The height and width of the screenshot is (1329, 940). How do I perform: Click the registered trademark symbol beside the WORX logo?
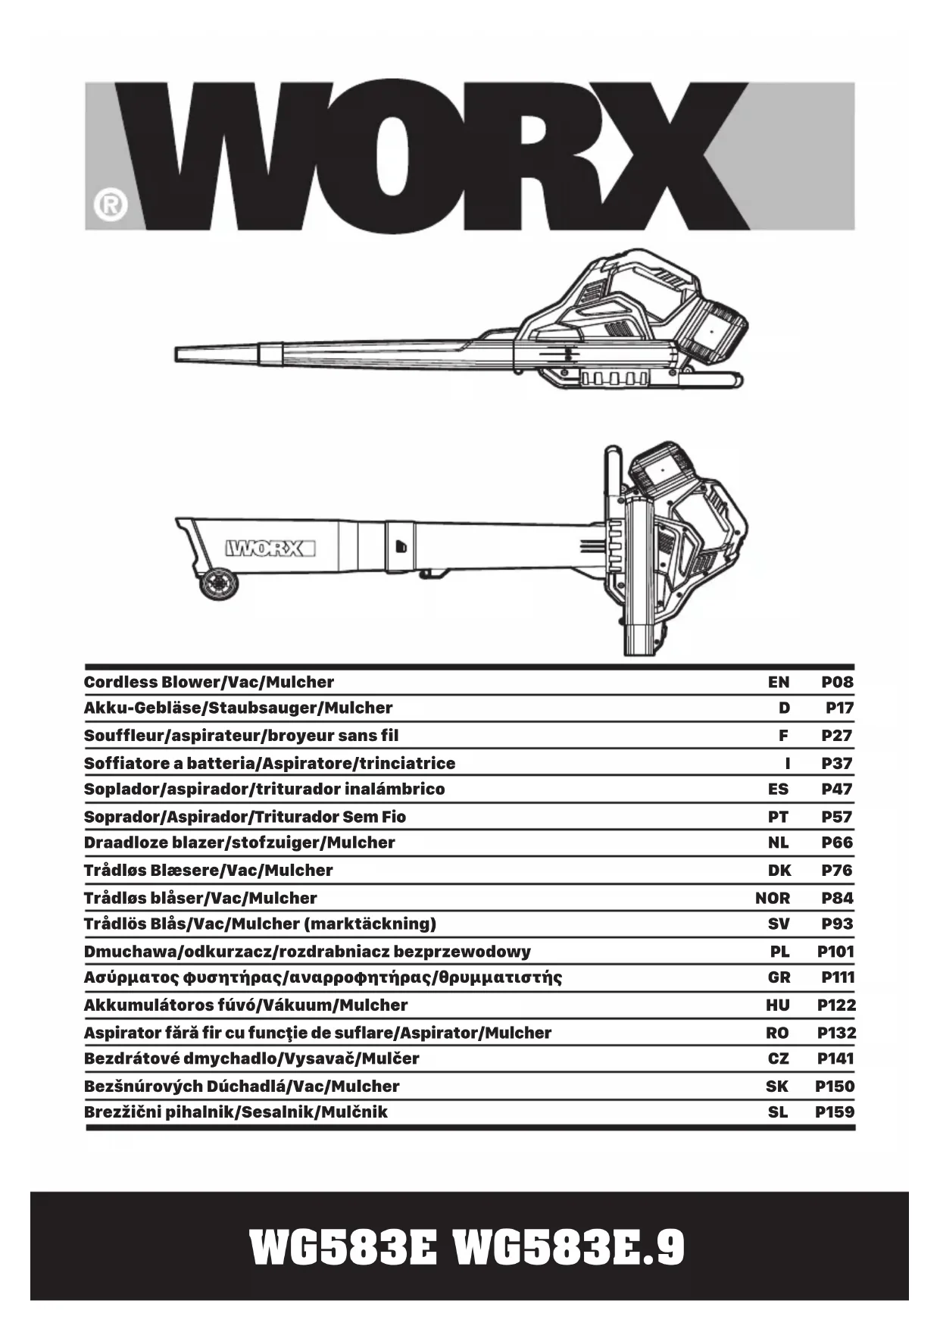click(x=110, y=205)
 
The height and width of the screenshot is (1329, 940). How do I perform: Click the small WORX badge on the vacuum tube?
click(x=270, y=549)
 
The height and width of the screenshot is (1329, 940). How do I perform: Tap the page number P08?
click(x=837, y=682)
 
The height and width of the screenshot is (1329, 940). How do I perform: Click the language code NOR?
click(x=772, y=898)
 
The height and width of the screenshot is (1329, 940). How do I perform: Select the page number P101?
click(x=835, y=952)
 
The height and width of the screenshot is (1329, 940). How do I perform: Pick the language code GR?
click(x=778, y=977)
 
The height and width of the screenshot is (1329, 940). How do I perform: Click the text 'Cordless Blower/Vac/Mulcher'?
click(x=208, y=682)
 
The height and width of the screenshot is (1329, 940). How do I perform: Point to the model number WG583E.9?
click(x=569, y=1248)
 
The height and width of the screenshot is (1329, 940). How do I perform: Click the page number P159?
click(x=834, y=1112)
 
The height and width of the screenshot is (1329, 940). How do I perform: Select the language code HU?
click(x=777, y=1005)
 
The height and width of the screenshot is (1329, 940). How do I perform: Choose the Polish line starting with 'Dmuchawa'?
click(x=307, y=952)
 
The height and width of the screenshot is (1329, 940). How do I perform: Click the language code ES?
click(x=778, y=790)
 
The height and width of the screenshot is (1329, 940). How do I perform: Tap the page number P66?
click(x=837, y=843)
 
